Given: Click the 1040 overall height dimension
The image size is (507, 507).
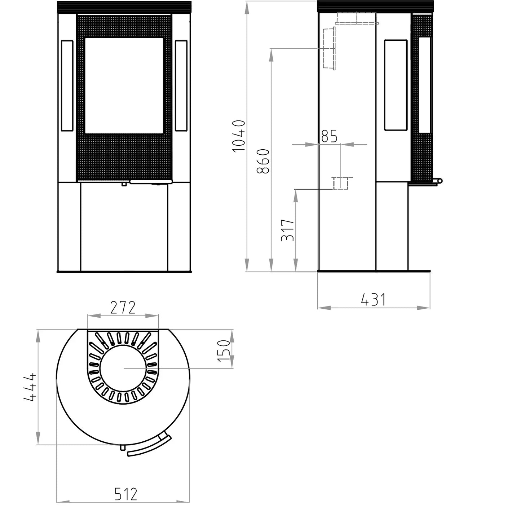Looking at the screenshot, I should tap(239, 136).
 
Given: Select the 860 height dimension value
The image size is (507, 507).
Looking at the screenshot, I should tap(263, 161).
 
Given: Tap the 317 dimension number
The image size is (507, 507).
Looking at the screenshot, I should tap(288, 230).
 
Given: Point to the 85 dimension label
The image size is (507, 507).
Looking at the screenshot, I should tap(329, 136).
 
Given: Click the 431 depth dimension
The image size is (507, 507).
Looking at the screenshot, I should tap(373, 300).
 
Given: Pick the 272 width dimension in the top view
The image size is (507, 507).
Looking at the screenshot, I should tap(123, 308).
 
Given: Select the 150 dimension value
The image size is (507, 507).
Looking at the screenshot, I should tap(224, 350).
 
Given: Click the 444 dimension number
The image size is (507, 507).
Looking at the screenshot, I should tap(30, 387).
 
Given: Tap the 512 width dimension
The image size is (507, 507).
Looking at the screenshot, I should tap(126, 494).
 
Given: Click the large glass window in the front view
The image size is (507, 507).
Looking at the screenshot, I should tap(124, 85).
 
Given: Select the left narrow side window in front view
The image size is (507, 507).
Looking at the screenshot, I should tap(67, 85).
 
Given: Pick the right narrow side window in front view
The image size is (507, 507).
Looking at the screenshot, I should tap(181, 85).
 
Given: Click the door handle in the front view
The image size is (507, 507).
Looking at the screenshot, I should tap(151, 182).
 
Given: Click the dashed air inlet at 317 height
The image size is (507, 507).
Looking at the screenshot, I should tap(340, 183).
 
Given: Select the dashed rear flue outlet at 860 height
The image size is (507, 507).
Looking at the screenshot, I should tap(329, 48).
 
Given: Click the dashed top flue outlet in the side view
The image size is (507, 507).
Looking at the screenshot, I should tap(356, 18).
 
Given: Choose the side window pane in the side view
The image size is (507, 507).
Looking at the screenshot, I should tap(396, 85).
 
